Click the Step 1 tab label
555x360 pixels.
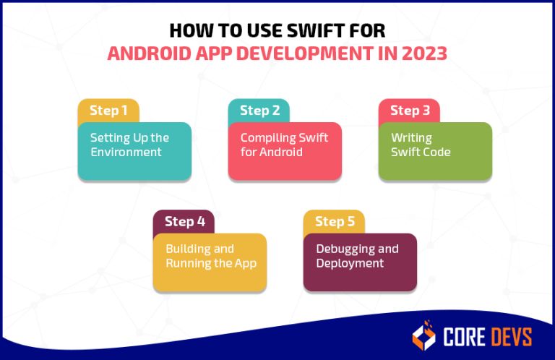pos(108,111)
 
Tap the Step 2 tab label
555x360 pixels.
pos(259,111)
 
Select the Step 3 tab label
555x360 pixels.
pos(409,111)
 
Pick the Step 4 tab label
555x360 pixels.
pos(184,222)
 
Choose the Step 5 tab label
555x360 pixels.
pos(334,222)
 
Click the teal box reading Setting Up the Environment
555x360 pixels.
pos(134,150)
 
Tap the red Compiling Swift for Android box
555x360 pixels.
pos(285,150)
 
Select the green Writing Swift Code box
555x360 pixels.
pos(435,150)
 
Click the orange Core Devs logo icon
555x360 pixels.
pos(424,335)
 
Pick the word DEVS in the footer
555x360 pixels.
pos(509,336)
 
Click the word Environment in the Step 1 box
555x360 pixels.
pos(126,153)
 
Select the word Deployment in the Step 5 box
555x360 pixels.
pos(350,263)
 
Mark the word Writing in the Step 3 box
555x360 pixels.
pos(411,137)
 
